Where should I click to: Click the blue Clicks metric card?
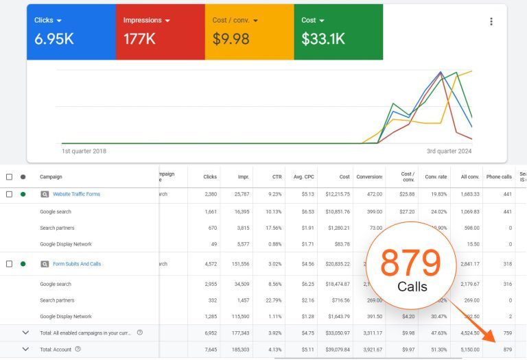[x=71, y=32]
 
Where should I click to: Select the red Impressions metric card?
[x=160, y=32]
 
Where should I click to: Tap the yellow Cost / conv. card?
[x=248, y=32]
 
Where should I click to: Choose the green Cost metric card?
[x=338, y=32]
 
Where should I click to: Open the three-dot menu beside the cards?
[x=491, y=21]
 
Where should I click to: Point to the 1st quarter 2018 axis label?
[x=84, y=151]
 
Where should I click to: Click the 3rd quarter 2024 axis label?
[x=449, y=151]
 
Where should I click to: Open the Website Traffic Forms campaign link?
[x=76, y=194]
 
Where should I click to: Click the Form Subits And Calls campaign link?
[x=77, y=264]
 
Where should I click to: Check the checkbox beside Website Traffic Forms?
[x=10, y=194]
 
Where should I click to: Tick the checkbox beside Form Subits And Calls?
[x=10, y=264]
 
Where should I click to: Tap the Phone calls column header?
[x=498, y=177]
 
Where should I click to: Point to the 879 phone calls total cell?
[x=507, y=349]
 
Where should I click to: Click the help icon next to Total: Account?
[x=78, y=349]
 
